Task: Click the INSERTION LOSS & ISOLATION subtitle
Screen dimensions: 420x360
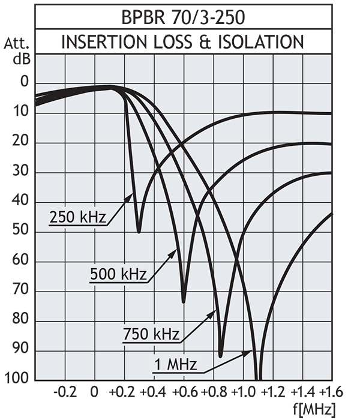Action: click(183, 42)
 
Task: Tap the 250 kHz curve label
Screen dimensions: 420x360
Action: click(79, 217)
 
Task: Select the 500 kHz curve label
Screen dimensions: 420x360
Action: click(118, 275)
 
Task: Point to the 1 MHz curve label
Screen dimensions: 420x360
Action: click(175, 364)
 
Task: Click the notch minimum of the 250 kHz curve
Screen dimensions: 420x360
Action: click(139, 232)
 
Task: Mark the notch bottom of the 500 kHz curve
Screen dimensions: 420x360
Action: click(184, 301)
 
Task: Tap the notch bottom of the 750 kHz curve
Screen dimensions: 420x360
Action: click(221, 356)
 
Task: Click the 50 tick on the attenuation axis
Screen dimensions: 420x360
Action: click(20, 232)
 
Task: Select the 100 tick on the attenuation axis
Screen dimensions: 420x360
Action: click(17, 380)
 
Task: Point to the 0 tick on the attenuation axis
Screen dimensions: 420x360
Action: click(24, 83)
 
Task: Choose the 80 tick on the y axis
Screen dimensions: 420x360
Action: click(20, 320)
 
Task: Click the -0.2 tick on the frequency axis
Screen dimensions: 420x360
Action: click(64, 393)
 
